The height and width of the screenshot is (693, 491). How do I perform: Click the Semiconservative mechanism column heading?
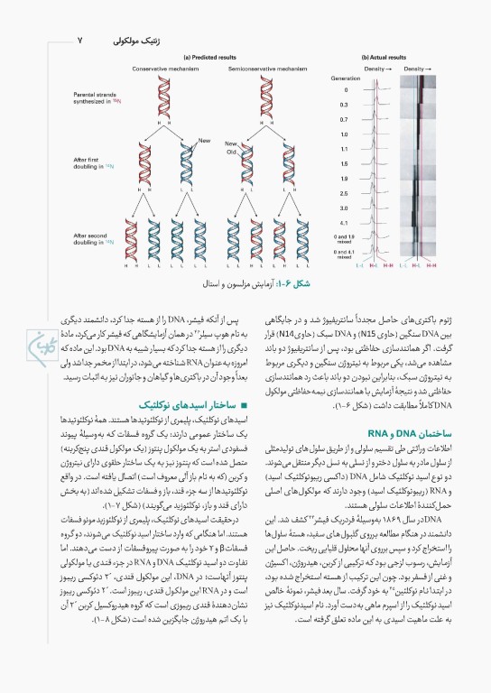(x=255, y=68)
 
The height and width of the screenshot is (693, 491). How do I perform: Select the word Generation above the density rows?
(x=345, y=79)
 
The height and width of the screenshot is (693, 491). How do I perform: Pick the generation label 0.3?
(x=345, y=105)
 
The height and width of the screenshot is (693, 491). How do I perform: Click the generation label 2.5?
(x=345, y=193)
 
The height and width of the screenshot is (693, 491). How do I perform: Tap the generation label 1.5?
(x=345, y=163)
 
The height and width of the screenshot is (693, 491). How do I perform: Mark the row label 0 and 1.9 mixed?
(x=345, y=236)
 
